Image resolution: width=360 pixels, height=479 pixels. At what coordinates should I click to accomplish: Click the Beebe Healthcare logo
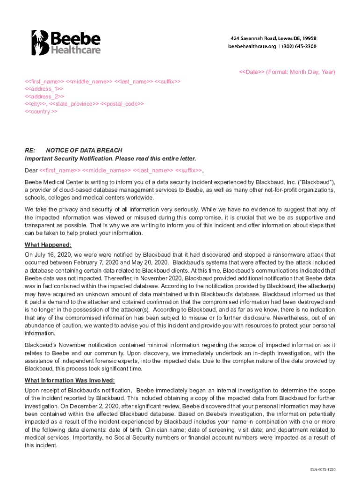click(66, 42)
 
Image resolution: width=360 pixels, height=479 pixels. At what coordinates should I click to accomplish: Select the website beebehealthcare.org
click(251, 46)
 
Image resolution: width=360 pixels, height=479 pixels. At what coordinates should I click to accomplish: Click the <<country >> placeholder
click(41, 112)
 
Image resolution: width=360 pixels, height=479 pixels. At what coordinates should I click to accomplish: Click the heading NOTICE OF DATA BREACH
click(84, 150)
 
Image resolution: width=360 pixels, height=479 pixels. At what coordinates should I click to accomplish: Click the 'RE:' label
click(30, 150)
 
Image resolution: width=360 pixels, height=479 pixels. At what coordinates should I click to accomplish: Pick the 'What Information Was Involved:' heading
click(69, 380)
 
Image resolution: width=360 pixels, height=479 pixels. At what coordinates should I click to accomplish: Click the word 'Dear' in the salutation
click(31, 170)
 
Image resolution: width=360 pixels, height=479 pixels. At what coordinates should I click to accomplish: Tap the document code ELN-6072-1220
click(322, 469)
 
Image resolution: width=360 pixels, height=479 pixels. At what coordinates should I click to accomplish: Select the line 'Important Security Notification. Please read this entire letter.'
click(110, 159)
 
